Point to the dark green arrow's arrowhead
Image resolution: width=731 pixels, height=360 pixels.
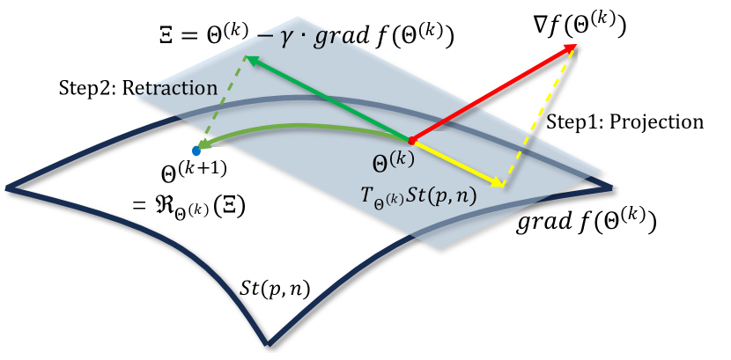tap(250, 60)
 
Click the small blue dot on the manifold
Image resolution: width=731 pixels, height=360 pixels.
tap(196, 151)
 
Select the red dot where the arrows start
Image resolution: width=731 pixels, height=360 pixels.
tap(411, 141)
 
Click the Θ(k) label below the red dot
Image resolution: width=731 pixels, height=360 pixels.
tap(394, 162)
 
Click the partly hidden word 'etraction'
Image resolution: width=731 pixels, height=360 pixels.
tap(173, 88)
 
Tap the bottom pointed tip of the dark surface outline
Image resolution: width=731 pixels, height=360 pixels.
tap(268, 343)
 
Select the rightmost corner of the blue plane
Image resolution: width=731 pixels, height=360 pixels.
tap(602, 171)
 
